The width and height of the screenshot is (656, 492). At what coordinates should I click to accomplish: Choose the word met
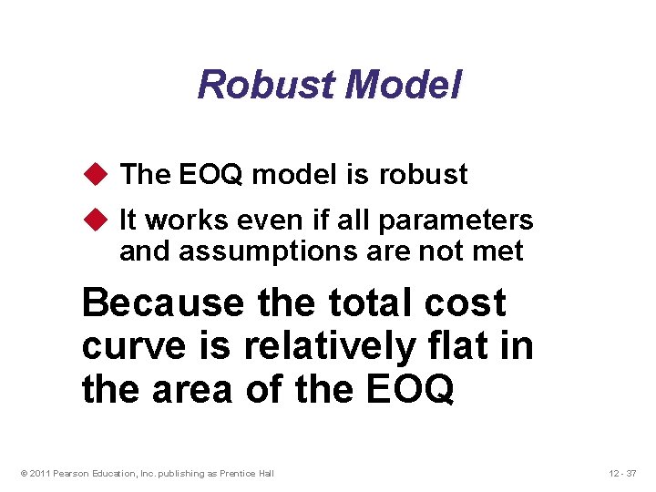point(500,251)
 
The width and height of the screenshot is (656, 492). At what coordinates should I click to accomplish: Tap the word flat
point(464,347)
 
